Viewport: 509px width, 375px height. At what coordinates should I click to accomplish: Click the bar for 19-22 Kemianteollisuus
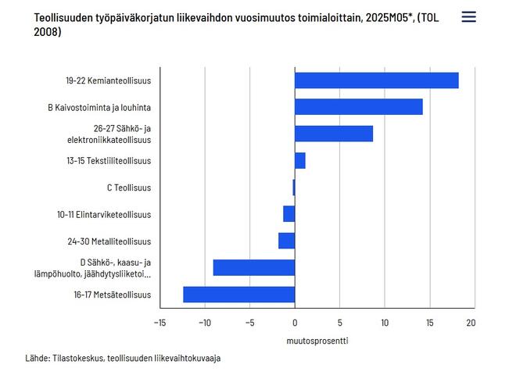[376, 80]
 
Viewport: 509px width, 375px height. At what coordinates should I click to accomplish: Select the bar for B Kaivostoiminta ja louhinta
[358, 107]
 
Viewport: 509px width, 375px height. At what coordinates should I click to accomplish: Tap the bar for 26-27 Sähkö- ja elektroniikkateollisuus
[334, 134]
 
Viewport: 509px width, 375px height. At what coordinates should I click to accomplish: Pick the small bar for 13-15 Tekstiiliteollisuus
[299, 161]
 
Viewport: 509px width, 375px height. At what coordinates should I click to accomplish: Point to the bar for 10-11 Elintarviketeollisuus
[289, 214]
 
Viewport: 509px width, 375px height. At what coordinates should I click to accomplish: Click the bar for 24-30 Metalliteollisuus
[286, 241]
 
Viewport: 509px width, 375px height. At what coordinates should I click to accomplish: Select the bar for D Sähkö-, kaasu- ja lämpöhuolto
[253, 268]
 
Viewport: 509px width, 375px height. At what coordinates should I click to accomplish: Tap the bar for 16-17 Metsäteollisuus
[238, 295]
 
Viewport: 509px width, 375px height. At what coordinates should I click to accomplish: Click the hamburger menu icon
[468, 17]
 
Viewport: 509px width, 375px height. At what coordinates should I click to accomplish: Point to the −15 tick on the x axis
[160, 322]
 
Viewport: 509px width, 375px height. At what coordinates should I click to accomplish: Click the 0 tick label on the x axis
[295, 322]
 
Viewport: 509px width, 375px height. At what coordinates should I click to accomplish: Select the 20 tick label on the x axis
[471, 322]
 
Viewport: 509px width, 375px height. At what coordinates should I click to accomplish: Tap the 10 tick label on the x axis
[384, 322]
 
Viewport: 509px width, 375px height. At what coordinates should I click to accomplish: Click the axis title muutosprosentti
[317, 341]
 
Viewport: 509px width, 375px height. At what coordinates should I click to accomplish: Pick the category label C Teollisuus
[128, 187]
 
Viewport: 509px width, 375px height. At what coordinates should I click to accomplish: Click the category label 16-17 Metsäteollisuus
[113, 295]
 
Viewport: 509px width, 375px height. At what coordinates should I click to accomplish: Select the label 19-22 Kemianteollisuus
[108, 80]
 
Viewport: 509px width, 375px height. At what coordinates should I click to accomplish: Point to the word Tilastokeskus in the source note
[78, 359]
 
